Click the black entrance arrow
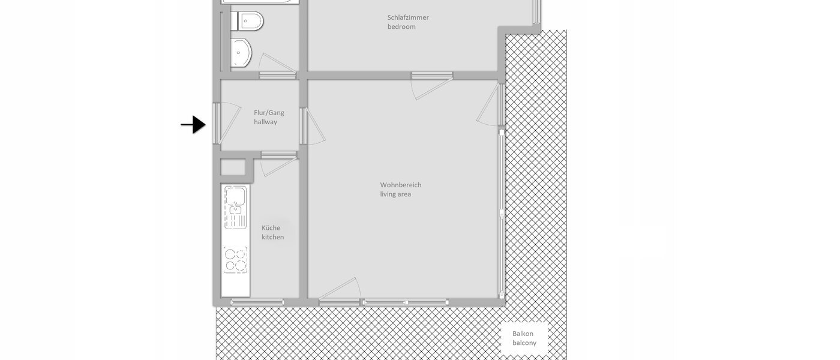click(193, 125)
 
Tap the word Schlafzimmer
click(408, 17)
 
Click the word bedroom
click(401, 27)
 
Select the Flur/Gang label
click(269, 112)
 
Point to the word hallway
click(265, 122)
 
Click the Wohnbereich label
click(400, 185)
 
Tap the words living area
click(395, 194)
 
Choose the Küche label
click(271, 228)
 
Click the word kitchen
click(272, 237)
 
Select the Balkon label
click(523, 334)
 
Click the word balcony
click(524, 343)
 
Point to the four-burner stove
click(235, 260)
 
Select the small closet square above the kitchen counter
click(233, 167)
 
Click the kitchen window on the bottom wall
click(257, 302)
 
